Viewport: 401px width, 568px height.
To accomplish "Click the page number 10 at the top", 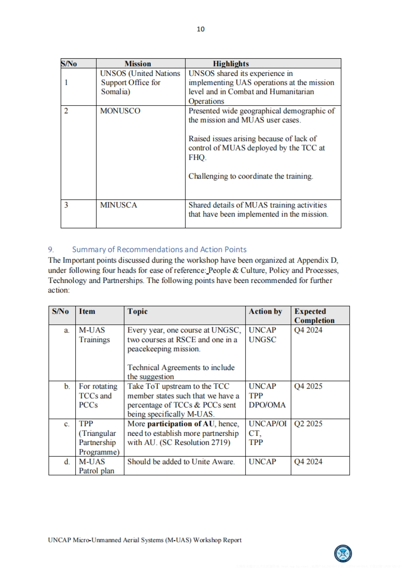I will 200,29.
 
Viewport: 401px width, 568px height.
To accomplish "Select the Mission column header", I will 138,64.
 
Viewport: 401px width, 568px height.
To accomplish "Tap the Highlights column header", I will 231,64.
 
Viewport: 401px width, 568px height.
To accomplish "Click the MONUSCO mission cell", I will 120,111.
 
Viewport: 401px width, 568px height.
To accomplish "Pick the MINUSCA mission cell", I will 119,205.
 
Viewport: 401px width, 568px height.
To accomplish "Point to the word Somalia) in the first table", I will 116,92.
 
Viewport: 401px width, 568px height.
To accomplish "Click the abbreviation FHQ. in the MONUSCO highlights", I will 197,157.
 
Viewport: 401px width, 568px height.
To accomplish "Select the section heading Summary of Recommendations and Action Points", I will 159,250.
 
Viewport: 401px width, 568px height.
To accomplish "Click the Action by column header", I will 265,311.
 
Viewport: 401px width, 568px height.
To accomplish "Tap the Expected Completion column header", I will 314,315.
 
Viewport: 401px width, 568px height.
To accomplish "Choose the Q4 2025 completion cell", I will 308,386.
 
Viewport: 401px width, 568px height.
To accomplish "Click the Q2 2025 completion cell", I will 308,424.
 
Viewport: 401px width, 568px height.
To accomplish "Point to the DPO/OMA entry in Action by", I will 267,405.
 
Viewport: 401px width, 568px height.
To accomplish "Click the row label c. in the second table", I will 67,424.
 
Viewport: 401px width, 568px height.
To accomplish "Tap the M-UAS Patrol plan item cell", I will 96,466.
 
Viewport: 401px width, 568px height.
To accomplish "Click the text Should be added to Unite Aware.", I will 181,462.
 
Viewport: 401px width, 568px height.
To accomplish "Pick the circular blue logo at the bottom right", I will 343,554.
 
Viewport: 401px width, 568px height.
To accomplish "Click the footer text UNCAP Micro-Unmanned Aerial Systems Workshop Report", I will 145,540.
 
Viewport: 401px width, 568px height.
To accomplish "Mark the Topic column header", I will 137,311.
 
